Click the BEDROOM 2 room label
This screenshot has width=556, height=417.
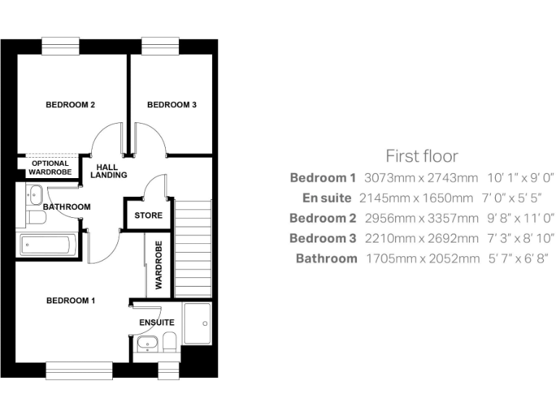point(70,105)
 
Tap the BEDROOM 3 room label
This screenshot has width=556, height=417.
point(172,105)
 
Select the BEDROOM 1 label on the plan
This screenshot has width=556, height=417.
point(70,300)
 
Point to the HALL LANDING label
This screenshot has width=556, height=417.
point(109,171)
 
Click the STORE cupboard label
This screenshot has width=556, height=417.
point(148,216)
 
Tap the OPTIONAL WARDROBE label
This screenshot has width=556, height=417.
point(50,168)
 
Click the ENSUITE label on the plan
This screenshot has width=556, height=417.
point(156,322)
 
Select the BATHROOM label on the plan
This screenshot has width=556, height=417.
point(67,207)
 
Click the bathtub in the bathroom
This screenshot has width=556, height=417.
point(48,245)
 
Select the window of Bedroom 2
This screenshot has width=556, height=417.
point(59,45)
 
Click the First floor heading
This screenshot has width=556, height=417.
point(421,156)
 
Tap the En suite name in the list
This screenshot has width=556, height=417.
point(327,198)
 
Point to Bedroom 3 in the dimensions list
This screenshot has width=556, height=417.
point(323,238)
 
